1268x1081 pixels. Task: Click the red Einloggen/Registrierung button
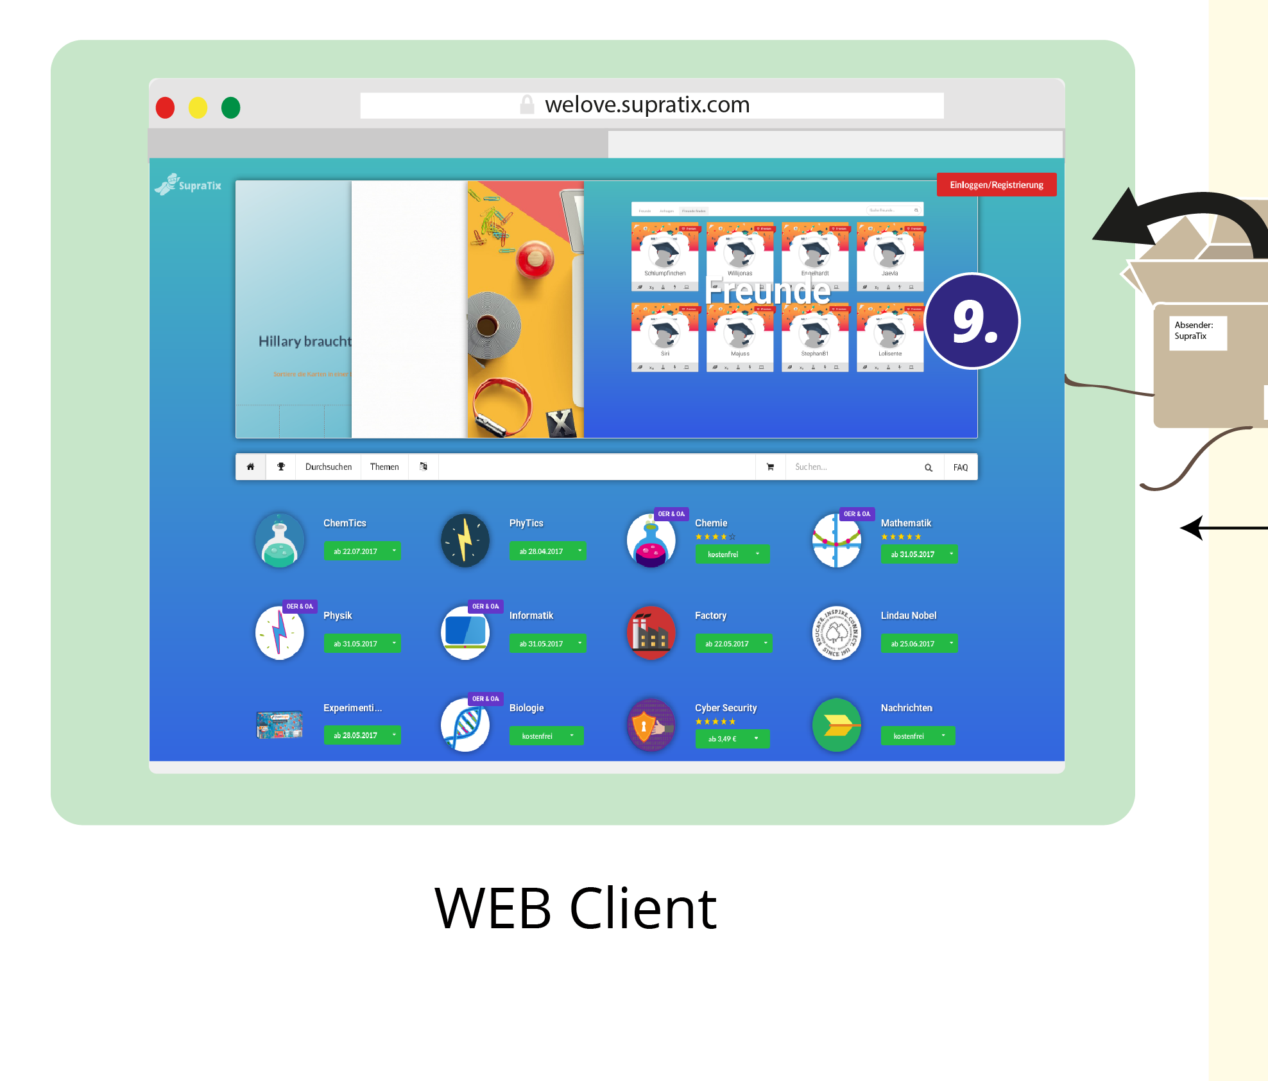point(996,185)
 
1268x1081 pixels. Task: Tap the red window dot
point(166,107)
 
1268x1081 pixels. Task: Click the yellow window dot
point(198,107)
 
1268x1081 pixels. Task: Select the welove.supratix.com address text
point(647,105)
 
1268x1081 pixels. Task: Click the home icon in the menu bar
point(251,467)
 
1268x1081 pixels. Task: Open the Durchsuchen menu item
point(329,467)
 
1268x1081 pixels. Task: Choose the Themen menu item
point(384,467)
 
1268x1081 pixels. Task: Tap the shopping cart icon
point(770,467)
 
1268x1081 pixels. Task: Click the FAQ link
point(960,467)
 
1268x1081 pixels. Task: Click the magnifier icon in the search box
point(928,467)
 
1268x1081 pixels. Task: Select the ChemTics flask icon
point(280,540)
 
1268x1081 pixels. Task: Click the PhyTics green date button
point(547,551)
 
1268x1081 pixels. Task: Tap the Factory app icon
point(651,632)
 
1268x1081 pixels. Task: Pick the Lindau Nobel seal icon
point(836,632)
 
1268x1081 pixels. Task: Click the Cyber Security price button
point(732,739)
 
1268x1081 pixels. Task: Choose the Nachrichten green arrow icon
point(836,725)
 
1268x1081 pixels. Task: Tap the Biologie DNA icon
point(465,725)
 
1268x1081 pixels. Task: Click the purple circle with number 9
point(972,321)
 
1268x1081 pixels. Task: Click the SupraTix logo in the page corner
point(189,185)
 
